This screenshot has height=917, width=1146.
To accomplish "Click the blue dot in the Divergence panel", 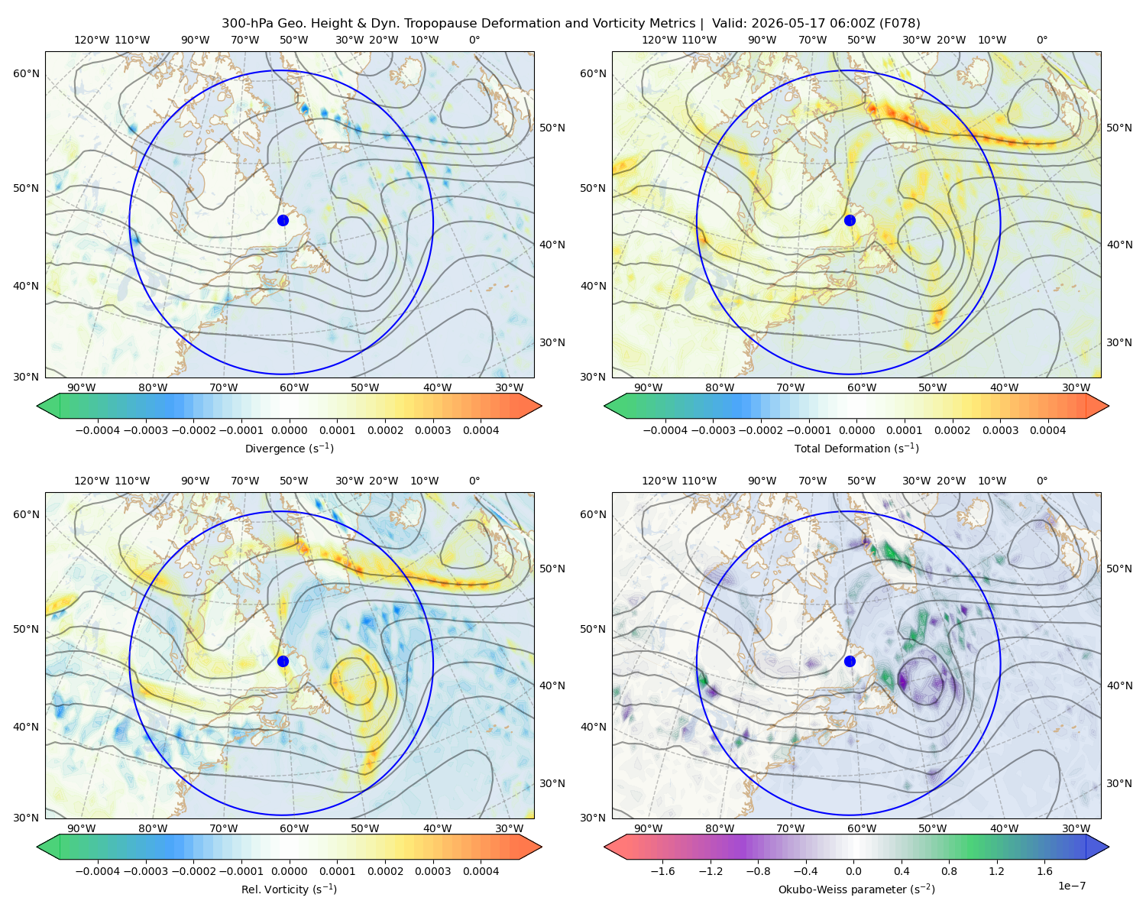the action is coord(283,220).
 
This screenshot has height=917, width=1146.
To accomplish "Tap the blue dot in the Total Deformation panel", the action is coord(850,220).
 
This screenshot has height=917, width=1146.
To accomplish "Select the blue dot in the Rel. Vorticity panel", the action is coord(283,661).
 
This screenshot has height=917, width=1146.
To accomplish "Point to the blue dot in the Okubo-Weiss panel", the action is coord(850,661).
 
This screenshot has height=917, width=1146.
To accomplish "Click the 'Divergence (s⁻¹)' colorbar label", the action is coord(289,448).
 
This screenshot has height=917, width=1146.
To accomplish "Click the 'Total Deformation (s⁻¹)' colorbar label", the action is coord(856,448).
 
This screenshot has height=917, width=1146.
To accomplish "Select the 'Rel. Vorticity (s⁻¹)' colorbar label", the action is coord(289,889).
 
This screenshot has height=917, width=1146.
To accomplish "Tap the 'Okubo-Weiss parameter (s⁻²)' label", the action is coord(856,889).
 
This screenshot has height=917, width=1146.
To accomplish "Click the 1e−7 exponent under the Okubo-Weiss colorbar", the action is coord(1071,886).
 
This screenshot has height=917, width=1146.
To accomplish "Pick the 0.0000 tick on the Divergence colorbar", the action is coord(289,430).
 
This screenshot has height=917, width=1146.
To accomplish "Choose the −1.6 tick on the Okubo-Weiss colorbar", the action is coord(662,870).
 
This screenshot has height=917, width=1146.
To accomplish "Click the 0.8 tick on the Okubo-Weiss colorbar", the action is coord(949,870).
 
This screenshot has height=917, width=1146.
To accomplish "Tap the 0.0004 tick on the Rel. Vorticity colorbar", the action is coord(481,870).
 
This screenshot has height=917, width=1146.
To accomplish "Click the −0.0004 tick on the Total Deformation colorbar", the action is coord(665,430).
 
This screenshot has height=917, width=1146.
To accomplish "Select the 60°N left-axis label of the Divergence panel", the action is coord(26,73).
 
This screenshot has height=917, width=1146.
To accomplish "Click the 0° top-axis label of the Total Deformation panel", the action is coord(1041,40).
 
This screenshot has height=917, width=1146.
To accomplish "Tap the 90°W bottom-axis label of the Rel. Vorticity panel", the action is coord(82,828).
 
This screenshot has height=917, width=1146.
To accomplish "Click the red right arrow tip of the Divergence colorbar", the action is coord(541,406).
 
